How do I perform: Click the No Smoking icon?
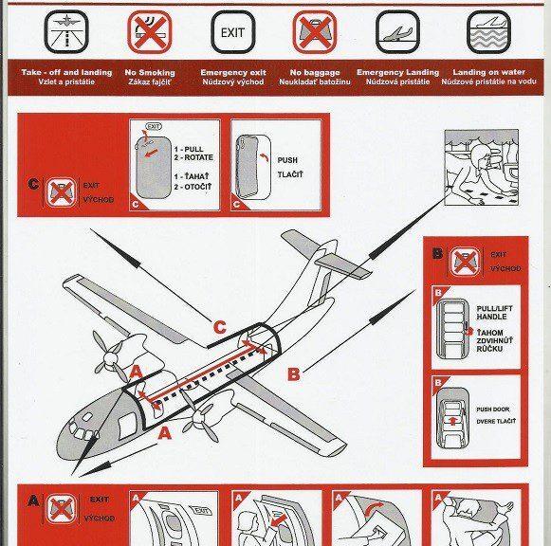pyautogui.click(x=150, y=33)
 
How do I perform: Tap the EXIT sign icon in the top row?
pyautogui.click(x=231, y=33)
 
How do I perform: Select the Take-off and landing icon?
pyautogui.click(x=64, y=33)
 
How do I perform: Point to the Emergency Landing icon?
pyautogui.click(x=398, y=33)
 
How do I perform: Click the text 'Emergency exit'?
pyautogui.click(x=231, y=73)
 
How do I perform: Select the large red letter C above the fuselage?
pyautogui.click(x=219, y=328)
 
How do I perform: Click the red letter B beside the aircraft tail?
pyautogui.click(x=293, y=374)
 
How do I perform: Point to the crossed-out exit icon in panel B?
pyautogui.click(x=463, y=260)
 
